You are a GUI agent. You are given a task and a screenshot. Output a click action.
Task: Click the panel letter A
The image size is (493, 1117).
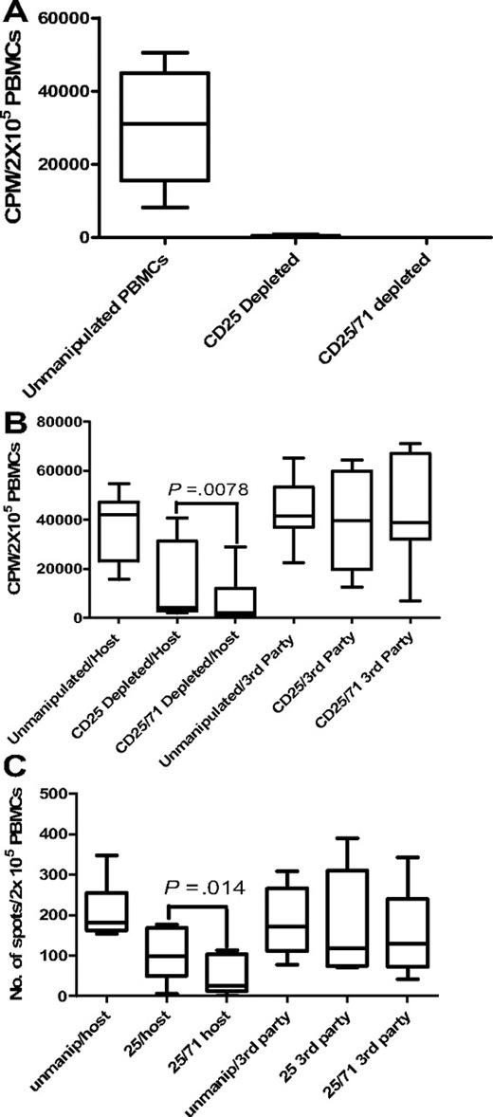18,13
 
